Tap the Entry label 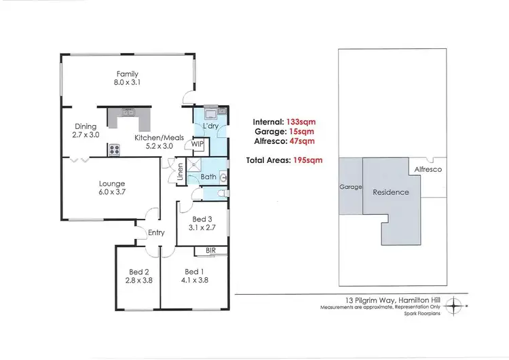click(x=155, y=233)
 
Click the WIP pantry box click(x=197, y=145)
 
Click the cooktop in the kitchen click(x=113, y=148)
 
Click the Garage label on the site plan click(x=351, y=187)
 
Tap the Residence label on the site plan click(x=391, y=192)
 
